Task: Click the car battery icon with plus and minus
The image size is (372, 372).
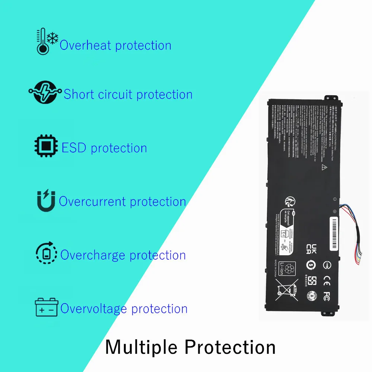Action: (46, 307)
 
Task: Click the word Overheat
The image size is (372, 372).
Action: (86, 45)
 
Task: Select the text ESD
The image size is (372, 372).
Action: (74, 148)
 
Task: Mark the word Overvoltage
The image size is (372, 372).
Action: (94, 309)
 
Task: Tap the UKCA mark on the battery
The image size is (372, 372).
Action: (311, 248)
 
